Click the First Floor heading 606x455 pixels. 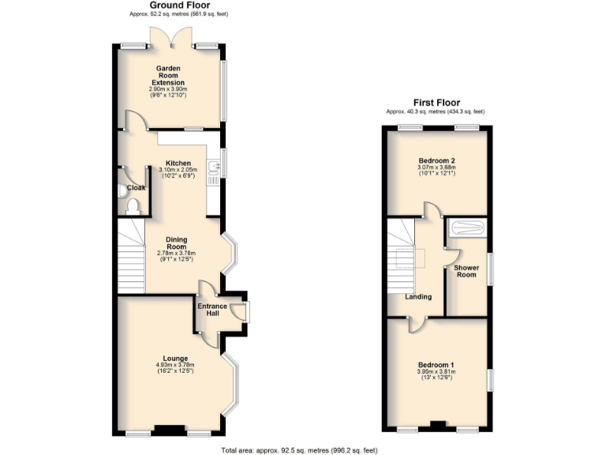436,103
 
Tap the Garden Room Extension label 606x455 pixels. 170,76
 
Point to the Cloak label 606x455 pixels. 135,188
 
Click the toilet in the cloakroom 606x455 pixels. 132,205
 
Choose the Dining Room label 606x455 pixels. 175,243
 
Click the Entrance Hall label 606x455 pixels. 212,310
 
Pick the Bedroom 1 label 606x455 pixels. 436,364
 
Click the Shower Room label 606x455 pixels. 466,271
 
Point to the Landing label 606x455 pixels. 417,297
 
